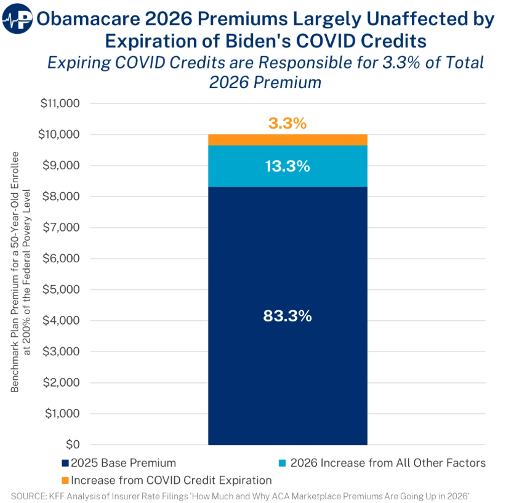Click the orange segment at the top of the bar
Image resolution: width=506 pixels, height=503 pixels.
coord(287,140)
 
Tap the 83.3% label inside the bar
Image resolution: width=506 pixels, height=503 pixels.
coord(287,316)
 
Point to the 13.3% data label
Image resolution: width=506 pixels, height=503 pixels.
coord(287,166)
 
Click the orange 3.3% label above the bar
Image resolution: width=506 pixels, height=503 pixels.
coord(287,123)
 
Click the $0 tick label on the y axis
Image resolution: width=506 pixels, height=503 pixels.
coord(73,445)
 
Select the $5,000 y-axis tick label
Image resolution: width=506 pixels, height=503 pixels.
coord(62,289)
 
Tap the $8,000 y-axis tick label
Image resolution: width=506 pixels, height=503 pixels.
coord(62,196)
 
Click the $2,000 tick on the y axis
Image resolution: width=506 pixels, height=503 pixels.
coord(62,382)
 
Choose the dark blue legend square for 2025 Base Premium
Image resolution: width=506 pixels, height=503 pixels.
coord(66,463)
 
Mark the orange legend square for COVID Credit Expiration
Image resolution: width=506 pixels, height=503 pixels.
coord(66,480)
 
